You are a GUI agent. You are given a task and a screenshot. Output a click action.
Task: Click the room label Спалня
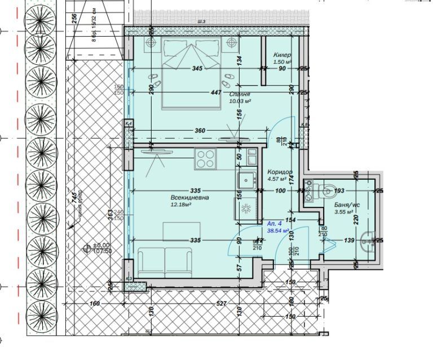(x=240, y=94)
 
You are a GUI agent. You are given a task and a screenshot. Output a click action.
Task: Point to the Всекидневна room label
(x=189, y=198)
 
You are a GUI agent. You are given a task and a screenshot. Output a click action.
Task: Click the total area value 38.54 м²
(x=277, y=231)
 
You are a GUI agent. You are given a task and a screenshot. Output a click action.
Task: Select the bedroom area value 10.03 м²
(x=240, y=101)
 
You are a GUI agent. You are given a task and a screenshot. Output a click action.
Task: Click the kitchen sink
(x=246, y=180)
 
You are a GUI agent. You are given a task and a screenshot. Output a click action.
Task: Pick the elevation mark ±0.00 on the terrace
(x=101, y=245)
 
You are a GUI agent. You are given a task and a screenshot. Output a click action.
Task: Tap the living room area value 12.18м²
(x=182, y=205)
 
